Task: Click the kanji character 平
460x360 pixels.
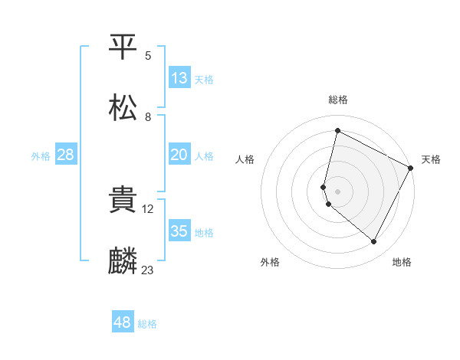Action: click(x=123, y=47)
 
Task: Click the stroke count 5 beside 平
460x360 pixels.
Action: click(x=148, y=56)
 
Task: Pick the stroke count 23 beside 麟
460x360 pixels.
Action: click(x=148, y=270)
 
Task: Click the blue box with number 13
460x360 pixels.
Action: click(x=179, y=77)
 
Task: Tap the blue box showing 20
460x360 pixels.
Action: click(x=179, y=155)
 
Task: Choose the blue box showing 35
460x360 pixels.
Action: click(x=179, y=231)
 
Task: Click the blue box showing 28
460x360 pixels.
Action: click(x=66, y=155)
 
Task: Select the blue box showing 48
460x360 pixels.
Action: click(x=123, y=322)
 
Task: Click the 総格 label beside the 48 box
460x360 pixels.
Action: click(x=147, y=324)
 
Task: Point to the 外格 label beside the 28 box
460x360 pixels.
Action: click(x=41, y=155)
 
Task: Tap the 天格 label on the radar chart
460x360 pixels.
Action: click(x=431, y=159)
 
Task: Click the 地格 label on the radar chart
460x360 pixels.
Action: click(x=402, y=262)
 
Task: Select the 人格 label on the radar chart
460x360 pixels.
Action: click(x=245, y=159)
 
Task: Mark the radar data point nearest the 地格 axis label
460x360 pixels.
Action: click(x=374, y=242)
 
